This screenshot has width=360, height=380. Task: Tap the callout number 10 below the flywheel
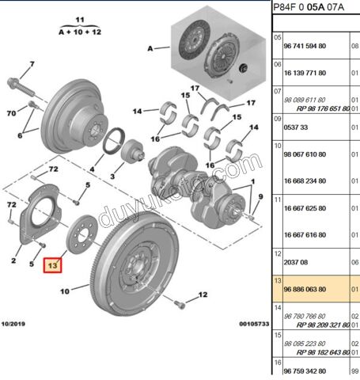[x=66, y=291]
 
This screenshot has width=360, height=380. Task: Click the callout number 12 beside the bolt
[x=202, y=294]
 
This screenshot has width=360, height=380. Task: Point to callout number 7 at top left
[x=32, y=63]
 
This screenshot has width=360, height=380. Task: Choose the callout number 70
[x=12, y=113]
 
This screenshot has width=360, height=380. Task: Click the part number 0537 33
[x=295, y=127]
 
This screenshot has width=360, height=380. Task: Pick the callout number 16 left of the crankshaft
[x=156, y=138]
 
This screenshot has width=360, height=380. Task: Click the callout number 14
[x=138, y=111]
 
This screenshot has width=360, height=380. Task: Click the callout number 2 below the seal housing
[x=14, y=259]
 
